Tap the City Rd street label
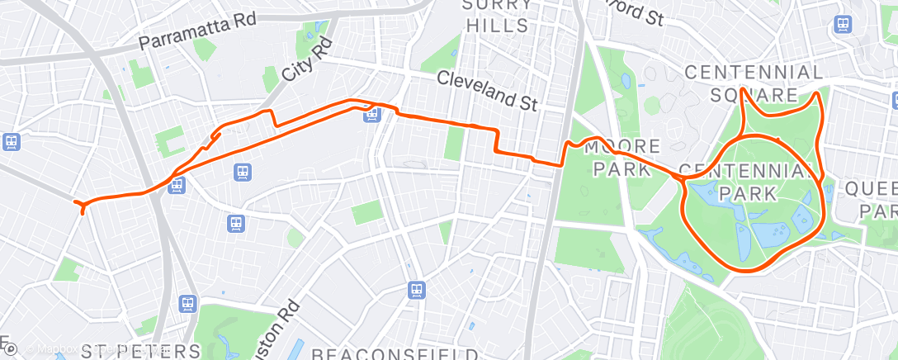point(306,59)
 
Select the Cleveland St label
point(487,91)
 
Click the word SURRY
point(498,4)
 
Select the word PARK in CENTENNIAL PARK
point(747,193)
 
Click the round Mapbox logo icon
point(12,350)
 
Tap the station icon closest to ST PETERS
point(189,304)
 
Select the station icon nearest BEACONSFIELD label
point(417,290)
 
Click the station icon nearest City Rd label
point(372,113)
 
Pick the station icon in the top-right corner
point(844,24)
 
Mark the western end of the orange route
point(76,202)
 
